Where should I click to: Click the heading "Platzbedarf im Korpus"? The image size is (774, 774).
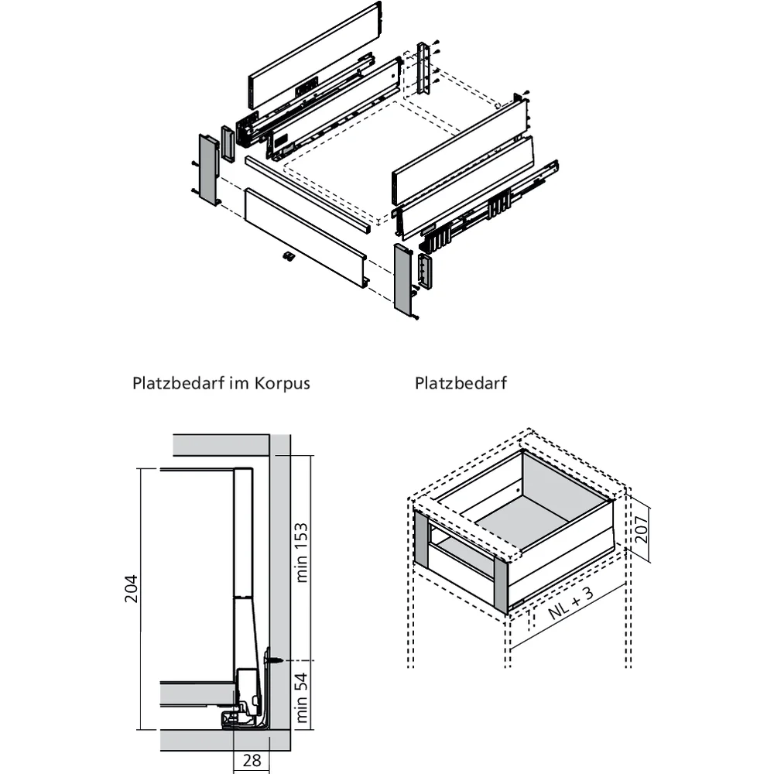click(221, 383)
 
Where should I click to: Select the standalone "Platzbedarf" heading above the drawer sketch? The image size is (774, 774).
click(461, 383)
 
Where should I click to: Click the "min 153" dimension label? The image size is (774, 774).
click(302, 552)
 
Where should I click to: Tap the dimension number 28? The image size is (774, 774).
click(252, 760)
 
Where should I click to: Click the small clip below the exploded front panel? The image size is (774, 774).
click(288, 257)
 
